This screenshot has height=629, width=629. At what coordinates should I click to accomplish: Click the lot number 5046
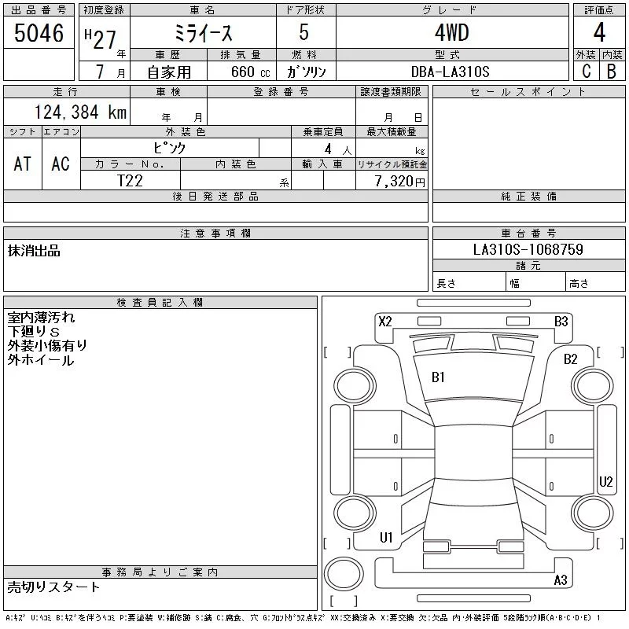click(39, 33)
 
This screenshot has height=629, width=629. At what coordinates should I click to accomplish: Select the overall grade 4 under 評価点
click(599, 32)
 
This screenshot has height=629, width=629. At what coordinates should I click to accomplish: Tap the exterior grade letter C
click(587, 71)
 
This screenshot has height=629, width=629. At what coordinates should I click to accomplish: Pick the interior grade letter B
click(612, 71)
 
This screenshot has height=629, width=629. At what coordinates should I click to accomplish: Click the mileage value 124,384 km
click(80, 112)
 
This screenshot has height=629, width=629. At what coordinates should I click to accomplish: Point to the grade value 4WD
click(452, 32)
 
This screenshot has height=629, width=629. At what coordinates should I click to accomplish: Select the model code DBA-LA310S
click(450, 72)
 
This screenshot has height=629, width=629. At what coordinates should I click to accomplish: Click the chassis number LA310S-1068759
click(528, 249)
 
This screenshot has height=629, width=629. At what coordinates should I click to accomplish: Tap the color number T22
click(130, 181)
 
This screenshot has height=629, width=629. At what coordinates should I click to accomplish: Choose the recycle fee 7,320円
click(400, 182)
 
